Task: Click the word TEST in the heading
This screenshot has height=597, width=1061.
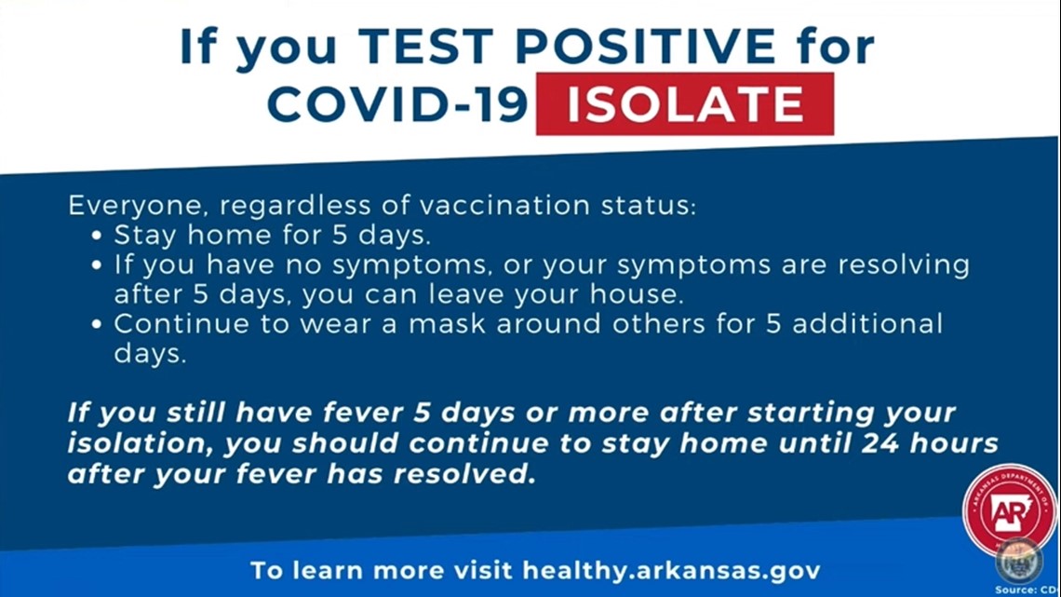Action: pos(427,47)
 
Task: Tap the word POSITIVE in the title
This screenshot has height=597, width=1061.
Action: pos(646,47)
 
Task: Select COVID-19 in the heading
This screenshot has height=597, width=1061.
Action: pos(397,104)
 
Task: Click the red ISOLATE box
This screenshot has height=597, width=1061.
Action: pos(685,103)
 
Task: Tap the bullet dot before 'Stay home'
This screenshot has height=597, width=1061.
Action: pos(97,236)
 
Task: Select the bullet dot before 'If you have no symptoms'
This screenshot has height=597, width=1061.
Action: pos(97,265)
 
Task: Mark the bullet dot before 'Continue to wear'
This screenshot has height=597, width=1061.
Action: pos(97,324)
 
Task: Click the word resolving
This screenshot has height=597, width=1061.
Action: pos(904,265)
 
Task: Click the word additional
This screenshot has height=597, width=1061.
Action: pos(867,323)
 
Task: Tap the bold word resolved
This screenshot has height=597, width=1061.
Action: pos(464,474)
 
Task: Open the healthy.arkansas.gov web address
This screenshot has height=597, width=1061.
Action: pos(671,571)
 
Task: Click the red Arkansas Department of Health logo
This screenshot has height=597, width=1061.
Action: pos(1009,510)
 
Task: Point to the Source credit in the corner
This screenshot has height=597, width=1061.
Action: pos(1026,590)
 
